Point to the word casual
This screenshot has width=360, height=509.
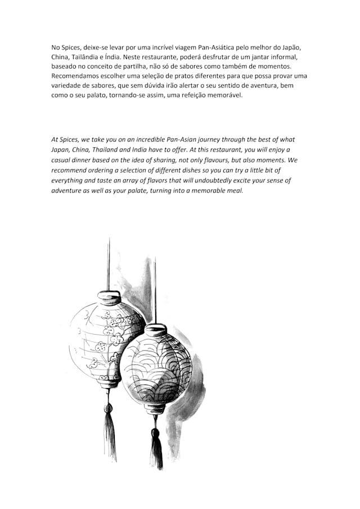(61, 160)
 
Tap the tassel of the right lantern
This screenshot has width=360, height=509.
(156, 450)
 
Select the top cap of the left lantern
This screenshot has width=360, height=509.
(109, 296)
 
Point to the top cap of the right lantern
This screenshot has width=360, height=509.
(155, 329)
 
